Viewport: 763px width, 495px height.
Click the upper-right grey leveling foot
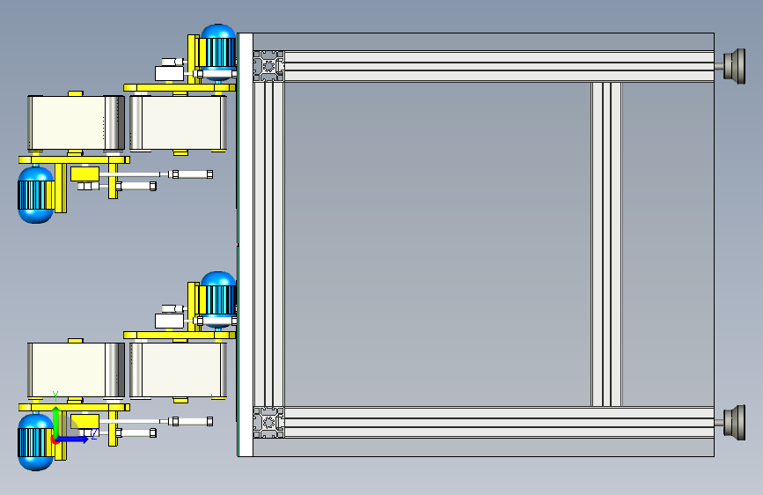(734, 66)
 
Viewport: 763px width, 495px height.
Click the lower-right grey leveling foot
(734, 423)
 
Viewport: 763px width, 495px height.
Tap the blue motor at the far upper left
(35, 195)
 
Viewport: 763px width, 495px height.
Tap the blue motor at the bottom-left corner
(35, 442)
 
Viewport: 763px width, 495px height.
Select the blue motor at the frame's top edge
(218, 52)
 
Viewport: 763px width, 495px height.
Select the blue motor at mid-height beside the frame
(218, 299)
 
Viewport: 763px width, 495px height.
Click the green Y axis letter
(55, 395)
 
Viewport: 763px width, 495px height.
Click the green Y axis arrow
(56, 423)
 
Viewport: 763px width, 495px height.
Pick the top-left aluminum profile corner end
(268, 66)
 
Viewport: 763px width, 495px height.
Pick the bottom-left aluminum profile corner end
(268, 423)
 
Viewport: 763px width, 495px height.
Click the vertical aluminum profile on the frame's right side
(606, 244)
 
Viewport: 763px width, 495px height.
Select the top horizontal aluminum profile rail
(499, 66)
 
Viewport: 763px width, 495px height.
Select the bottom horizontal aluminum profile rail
(499, 423)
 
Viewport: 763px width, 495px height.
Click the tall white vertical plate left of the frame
(246, 245)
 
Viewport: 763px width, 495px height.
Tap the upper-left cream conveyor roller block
(76, 122)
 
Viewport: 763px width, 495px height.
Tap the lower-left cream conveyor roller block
(76, 370)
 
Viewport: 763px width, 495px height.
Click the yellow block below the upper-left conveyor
(84, 174)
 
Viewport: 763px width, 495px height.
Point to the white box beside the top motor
(169, 74)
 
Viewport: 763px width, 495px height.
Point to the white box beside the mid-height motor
(169, 321)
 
